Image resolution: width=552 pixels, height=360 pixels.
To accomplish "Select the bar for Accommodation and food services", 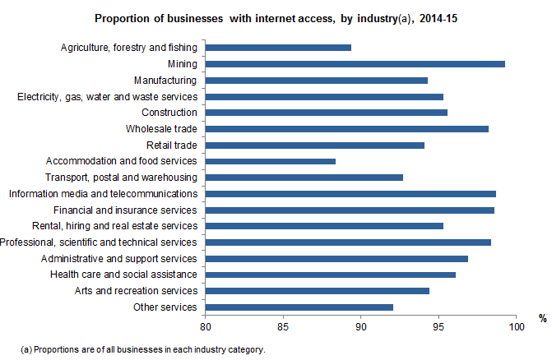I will (x=271, y=161).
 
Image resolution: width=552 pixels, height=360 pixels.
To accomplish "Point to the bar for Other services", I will (x=299, y=307).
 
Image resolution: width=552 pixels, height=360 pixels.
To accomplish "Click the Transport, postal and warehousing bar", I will (x=304, y=177).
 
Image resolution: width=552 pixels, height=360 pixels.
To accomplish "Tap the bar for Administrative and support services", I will (x=336, y=258).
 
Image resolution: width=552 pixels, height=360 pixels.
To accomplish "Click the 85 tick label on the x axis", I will (x=283, y=326).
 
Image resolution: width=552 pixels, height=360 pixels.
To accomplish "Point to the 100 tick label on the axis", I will (x=516, y=326).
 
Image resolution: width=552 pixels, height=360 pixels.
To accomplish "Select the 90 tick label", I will (x=361, y=326).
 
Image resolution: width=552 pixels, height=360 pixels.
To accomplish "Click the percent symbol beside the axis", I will (x=543, y=318).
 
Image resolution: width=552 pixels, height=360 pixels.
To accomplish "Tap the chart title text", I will (x=276, y=17).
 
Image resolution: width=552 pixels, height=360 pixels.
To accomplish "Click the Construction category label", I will (x=169, y=113).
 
